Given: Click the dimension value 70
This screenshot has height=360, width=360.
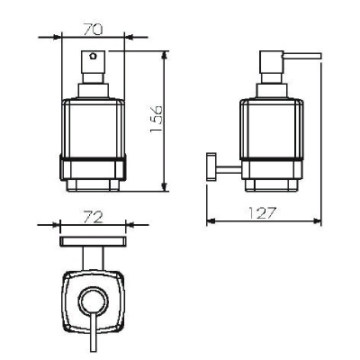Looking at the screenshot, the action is pos(94,30).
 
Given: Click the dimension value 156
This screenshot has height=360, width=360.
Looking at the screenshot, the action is pos(156,119).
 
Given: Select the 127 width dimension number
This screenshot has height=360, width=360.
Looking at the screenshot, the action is pos(262,212).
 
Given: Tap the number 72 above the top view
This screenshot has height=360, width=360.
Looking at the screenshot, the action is pos(94,218).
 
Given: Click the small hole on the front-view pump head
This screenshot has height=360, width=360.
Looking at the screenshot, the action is pos(93,56).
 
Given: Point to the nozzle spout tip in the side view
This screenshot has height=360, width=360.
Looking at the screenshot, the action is pos(319,57).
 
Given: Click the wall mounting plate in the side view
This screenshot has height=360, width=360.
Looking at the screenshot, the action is pos(211,166).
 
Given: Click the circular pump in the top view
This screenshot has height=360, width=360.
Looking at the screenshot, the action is pos(93,302).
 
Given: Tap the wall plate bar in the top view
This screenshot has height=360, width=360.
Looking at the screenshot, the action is pos(94,241).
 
